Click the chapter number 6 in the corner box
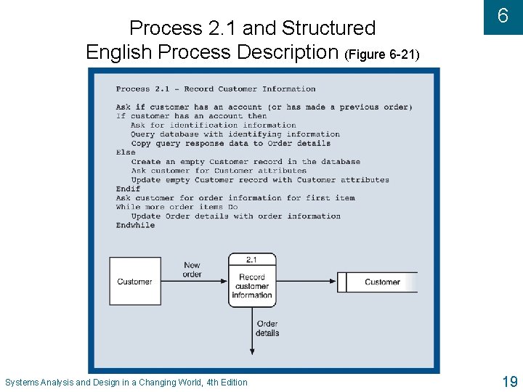[503, 16]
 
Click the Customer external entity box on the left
[134, 282]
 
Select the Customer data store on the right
[381, 282]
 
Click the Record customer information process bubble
[252, 285]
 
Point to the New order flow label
[192, 270]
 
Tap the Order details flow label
[267, 329]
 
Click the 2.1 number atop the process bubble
[252, 259]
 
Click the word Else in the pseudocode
[126, 152]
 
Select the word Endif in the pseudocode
[128, 189]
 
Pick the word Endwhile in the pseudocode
[135, 225]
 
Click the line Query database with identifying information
[235, 134]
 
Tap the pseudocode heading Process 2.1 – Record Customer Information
[216, 89]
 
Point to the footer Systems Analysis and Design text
[126, 383]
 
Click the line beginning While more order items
[177, 207]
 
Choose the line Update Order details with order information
[235, 216]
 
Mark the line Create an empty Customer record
[246, 162]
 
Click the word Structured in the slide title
[328, 28]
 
